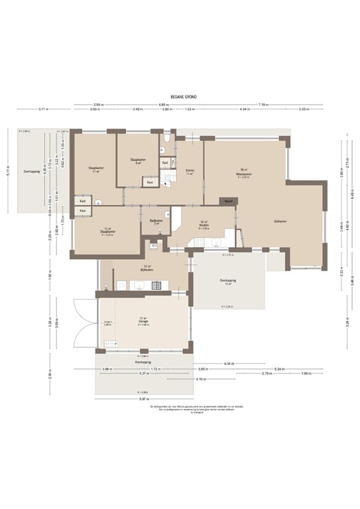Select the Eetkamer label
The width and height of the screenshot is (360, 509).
click(x=280, y=221)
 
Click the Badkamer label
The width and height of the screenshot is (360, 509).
click(x=156, y=222)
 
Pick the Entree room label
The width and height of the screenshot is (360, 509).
click(x=189, y=171)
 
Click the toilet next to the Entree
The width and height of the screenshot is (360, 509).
click(x=168, y=139)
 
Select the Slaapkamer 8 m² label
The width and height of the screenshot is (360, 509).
click(x=138, y=161)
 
